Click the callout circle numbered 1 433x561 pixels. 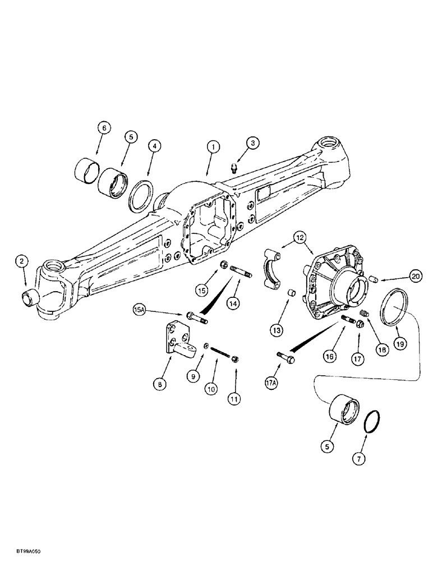212,146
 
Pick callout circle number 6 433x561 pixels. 103,128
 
